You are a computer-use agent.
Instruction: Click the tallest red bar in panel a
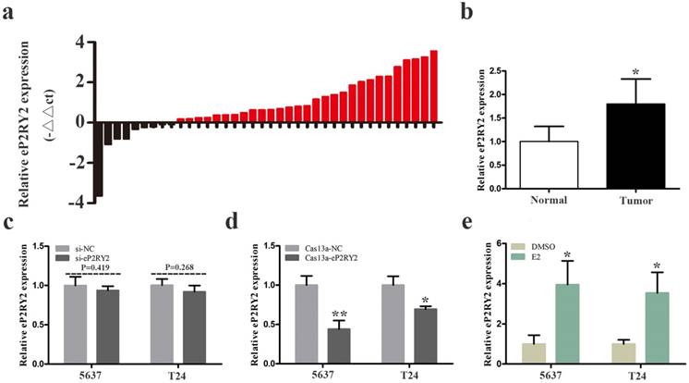pos(433,86)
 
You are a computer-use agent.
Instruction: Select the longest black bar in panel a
pos(98,158)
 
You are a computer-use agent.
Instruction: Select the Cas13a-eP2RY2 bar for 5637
pos(316,346)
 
